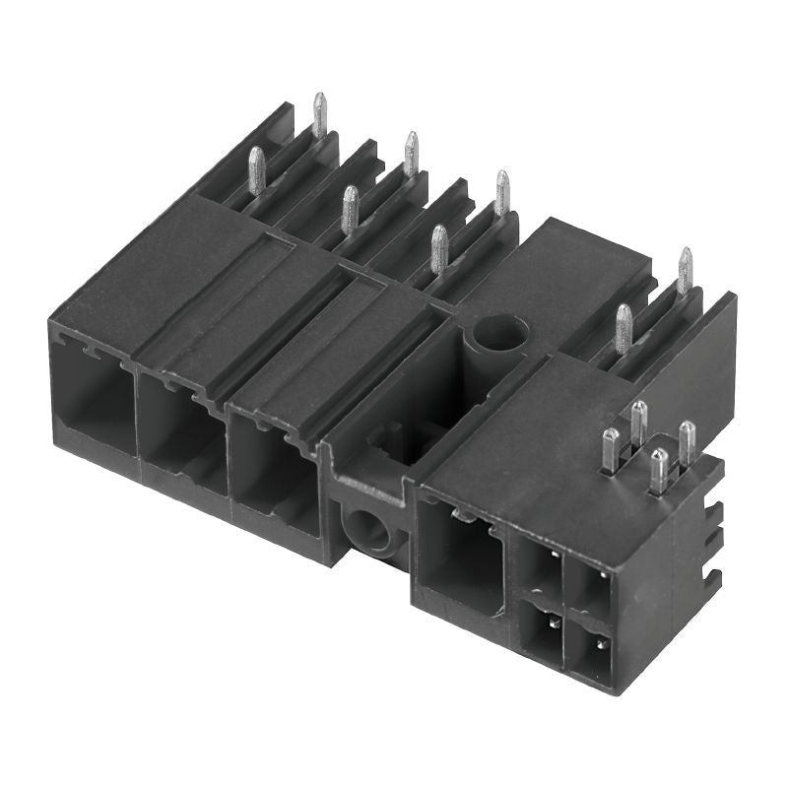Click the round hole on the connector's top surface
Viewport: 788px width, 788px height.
495,333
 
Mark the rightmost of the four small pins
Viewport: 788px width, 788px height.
687,439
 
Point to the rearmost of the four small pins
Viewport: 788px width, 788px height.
638,421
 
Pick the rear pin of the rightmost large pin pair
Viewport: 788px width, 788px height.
684,270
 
